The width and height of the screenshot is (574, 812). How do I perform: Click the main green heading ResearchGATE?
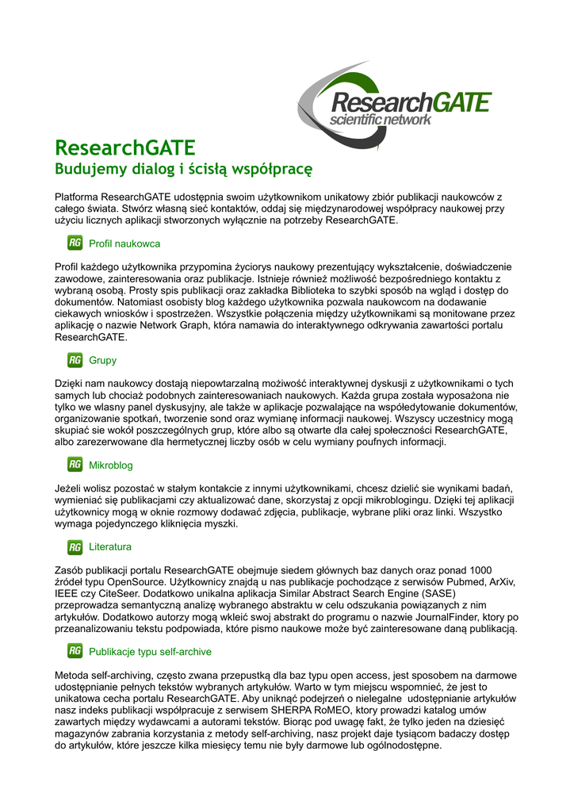tap(124, 148)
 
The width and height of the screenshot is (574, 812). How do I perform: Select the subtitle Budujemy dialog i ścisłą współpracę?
tap(183, 169)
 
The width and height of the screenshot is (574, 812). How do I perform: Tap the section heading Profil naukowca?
tap(124, 243)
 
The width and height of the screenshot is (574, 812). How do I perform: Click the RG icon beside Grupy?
tap(75, 360)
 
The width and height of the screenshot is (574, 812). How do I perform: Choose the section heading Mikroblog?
tap(111, 465)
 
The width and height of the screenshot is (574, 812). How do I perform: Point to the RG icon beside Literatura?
tap(75, 547)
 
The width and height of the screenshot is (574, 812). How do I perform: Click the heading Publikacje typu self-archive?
tap(150, 652)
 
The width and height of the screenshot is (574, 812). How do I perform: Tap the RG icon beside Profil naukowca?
tap(75, 243)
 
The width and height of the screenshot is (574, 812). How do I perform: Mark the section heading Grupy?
tap(102, 360)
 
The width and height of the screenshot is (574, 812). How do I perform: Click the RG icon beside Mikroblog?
tap(75, 465)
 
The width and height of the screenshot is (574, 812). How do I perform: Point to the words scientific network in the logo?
tap(381, 121)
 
